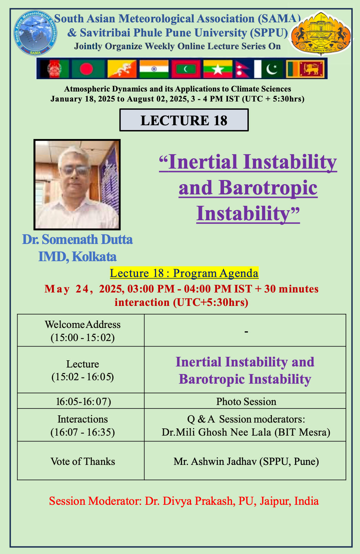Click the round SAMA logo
click(35, 33)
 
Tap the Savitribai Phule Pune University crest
click(321, 33)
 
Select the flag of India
click(154, 68)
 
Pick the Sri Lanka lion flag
click(305, 68)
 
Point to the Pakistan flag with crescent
click(268, 68)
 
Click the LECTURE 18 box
click(184, 120)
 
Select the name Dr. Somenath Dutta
click(77, 239)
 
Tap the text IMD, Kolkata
click(77, 256)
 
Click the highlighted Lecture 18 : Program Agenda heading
click(184, 273)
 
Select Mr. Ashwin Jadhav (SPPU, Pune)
click(246, 461)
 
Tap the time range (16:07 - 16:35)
click(83, 432)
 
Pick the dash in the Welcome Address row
click(246, 331)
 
